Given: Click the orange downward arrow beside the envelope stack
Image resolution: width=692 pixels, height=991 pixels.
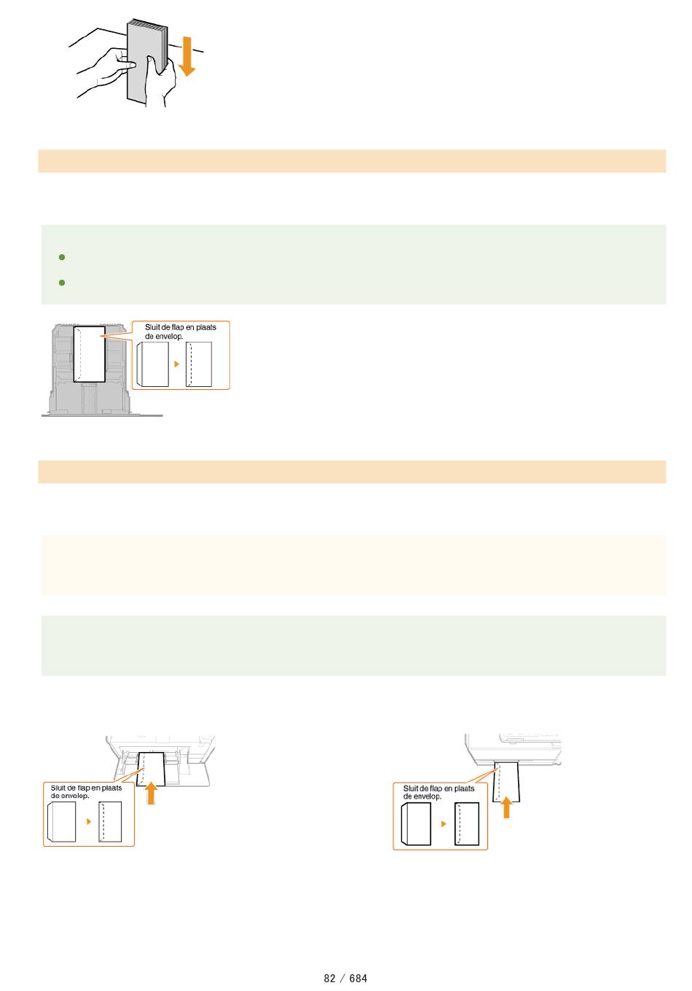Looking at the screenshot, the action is [187, 56].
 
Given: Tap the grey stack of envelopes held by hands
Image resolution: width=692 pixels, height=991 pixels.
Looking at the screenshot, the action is [146, 62].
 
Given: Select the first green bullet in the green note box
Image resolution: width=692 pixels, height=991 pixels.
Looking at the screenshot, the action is [62, 257].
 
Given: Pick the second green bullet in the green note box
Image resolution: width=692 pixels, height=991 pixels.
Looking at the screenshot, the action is [62, 282].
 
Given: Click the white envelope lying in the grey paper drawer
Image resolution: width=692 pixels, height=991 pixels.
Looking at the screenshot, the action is [90, 354].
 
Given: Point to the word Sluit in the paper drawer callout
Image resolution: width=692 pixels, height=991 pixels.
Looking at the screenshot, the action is [152, 327].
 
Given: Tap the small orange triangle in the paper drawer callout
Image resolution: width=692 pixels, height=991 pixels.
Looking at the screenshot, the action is [177, 364].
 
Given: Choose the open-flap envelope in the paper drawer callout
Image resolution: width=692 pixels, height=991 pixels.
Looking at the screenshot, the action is [152, 364].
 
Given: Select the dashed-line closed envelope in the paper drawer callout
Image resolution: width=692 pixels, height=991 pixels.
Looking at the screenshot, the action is [199, 364].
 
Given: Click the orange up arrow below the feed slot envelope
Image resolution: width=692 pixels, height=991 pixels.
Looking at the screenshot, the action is [506, 807].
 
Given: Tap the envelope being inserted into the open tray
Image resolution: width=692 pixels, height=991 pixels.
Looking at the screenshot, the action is [151, 769].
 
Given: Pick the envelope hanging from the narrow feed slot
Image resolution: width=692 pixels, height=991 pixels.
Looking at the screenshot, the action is [506, 782].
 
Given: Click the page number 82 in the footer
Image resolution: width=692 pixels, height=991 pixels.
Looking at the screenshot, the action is [329, 978].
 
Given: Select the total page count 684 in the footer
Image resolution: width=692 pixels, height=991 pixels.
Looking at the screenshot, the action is [358, 978].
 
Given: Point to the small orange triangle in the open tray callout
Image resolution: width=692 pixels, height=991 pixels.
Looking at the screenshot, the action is [89, 821].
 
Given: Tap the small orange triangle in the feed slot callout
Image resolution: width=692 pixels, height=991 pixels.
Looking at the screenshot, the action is [444, 823].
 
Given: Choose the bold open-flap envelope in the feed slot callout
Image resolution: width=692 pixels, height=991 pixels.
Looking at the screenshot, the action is [416, 823].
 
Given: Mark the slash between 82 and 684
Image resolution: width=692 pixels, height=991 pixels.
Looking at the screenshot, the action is [342, 978].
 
